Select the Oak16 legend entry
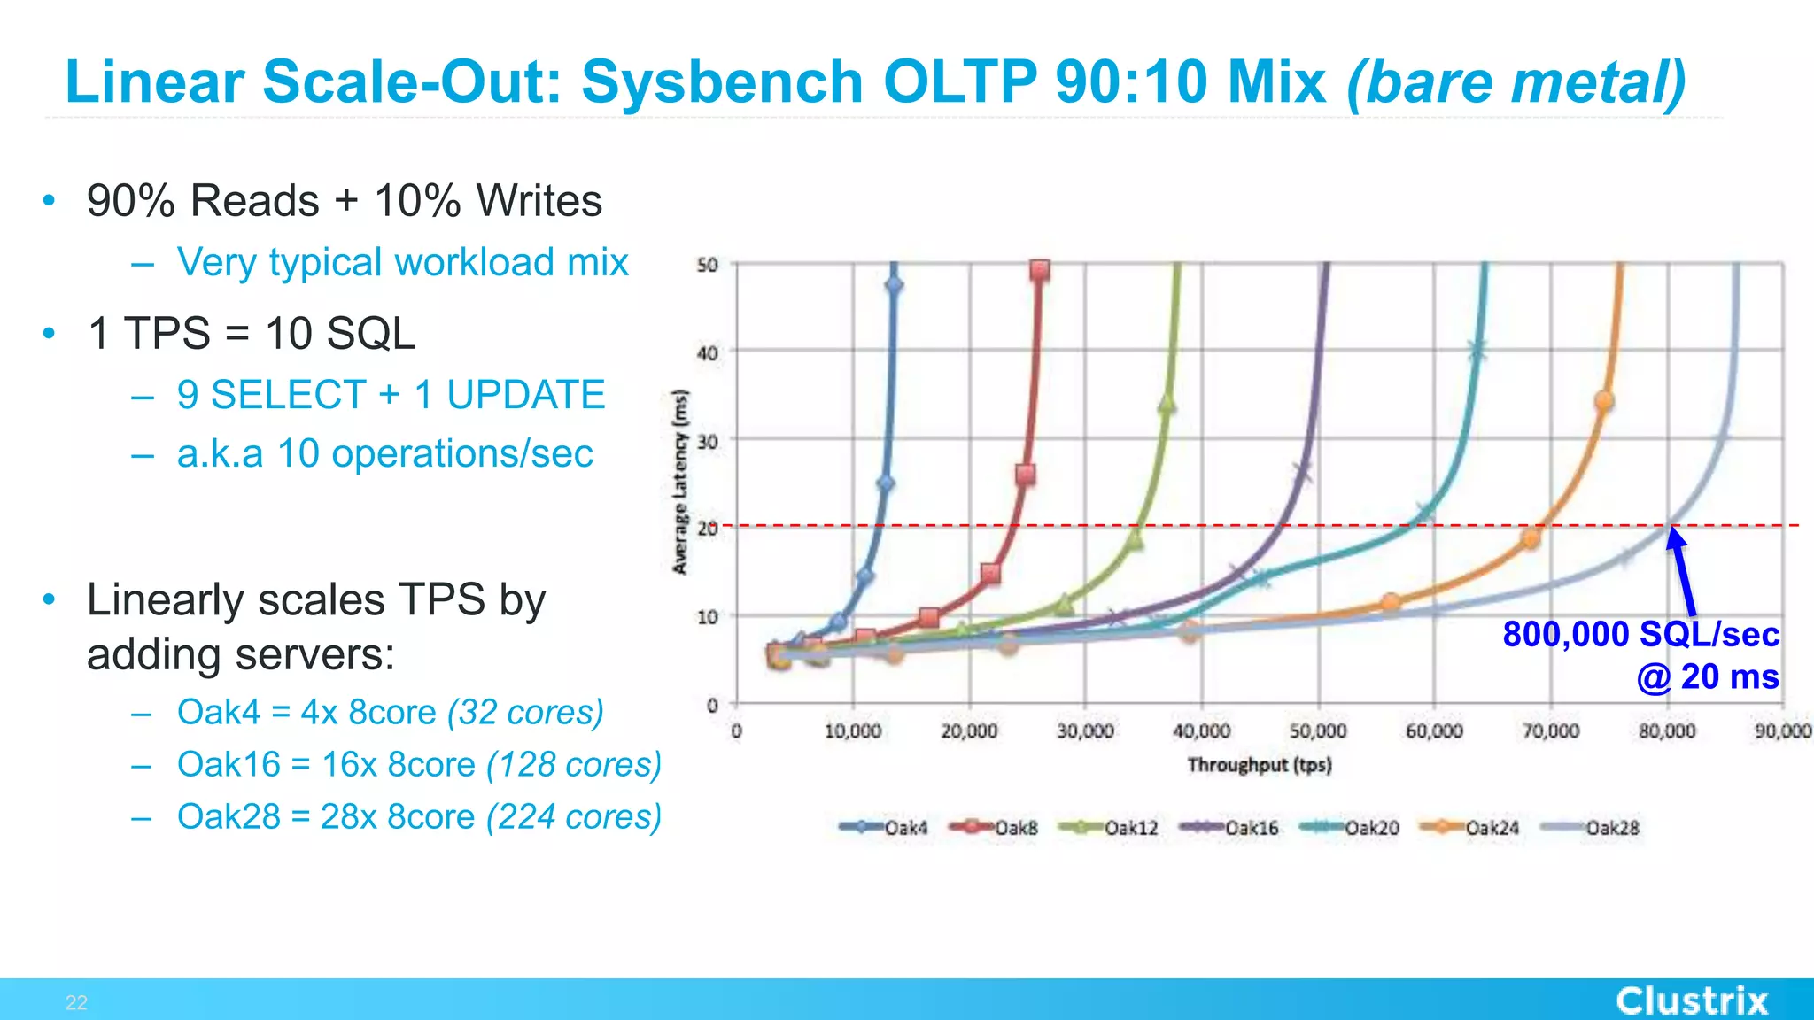[1230, 828]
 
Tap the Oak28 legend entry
[1591, 828]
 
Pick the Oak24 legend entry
[1470, 828]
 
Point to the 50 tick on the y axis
[707, 265]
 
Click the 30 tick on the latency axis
[707, 440]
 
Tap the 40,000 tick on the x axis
[1201, 731]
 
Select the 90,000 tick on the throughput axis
[1782, 731]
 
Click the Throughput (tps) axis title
[1259, 765]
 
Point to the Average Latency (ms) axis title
[680, 483]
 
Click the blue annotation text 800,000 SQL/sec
[1640, 635]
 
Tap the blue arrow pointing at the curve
[1683, 571]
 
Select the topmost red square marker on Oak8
[1040, 270]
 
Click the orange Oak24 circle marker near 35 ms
[1603, 401]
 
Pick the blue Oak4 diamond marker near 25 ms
[885, 483]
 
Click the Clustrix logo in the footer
[1692, 1001]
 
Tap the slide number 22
[76, 1002]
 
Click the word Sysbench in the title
[722, 82]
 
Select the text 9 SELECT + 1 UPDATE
[391, 395]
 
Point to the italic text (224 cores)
[574, 816]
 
